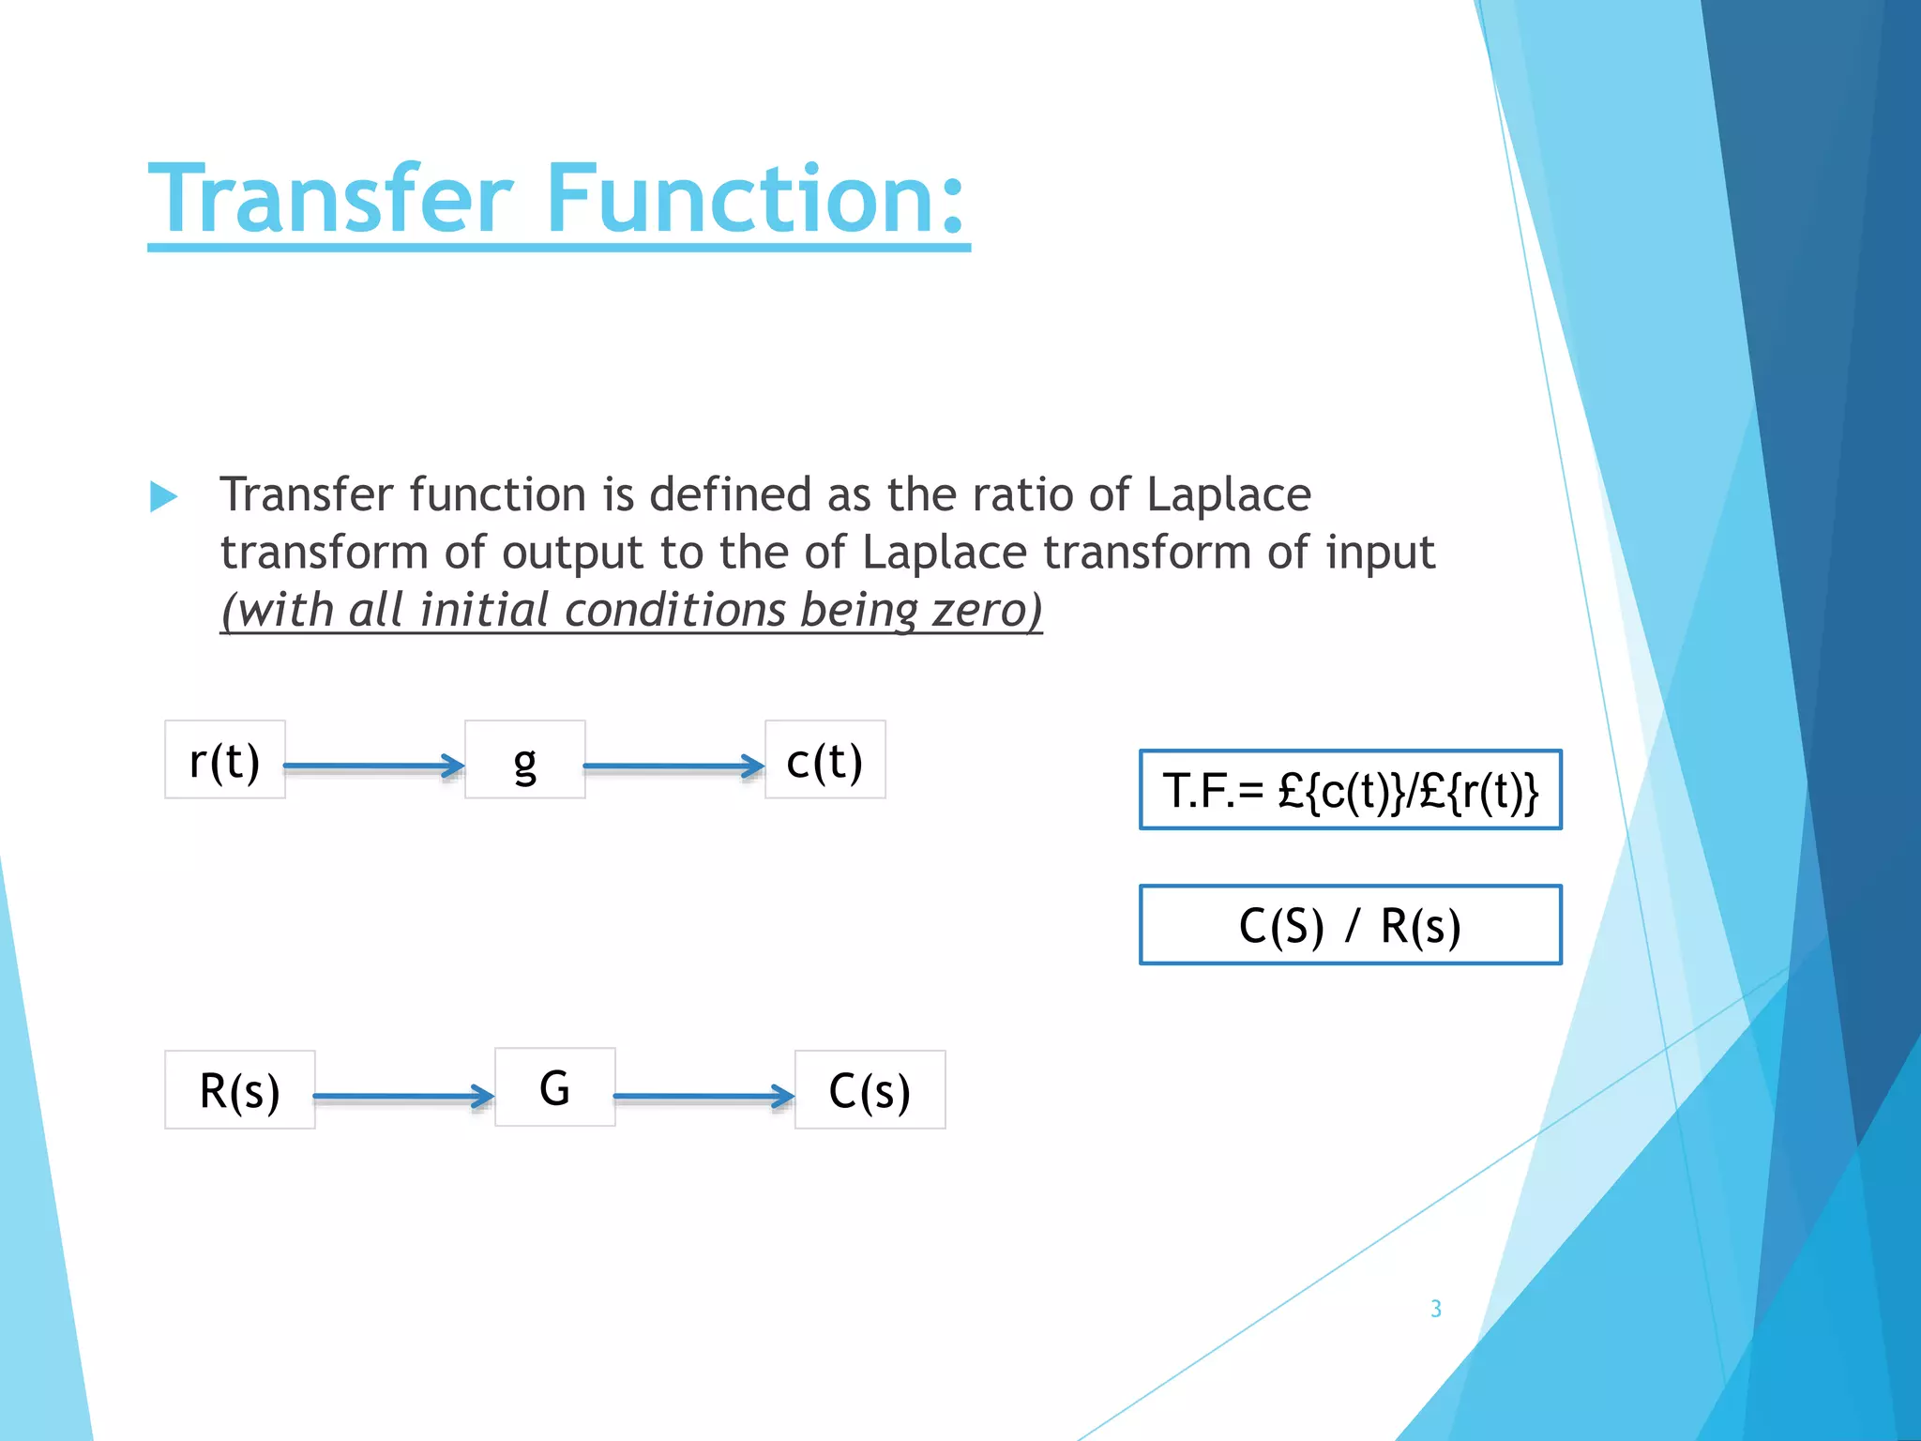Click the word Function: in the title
[756, 199]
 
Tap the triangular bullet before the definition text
[163, 496]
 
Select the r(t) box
[225, 760]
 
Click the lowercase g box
[525, 760]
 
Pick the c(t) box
[825, 760]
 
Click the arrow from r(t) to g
[373, 766]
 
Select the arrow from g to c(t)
[673, 766]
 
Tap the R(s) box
[240, 1090]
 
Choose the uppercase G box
[555, 1087]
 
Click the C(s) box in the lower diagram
[870, 1090]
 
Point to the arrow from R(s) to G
[403, 1096]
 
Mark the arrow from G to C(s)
[703, 1096]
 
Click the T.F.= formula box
[1351, 790]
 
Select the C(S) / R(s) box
[1351, 925]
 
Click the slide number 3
[1436, 1309]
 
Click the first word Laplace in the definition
[1229, 494]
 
